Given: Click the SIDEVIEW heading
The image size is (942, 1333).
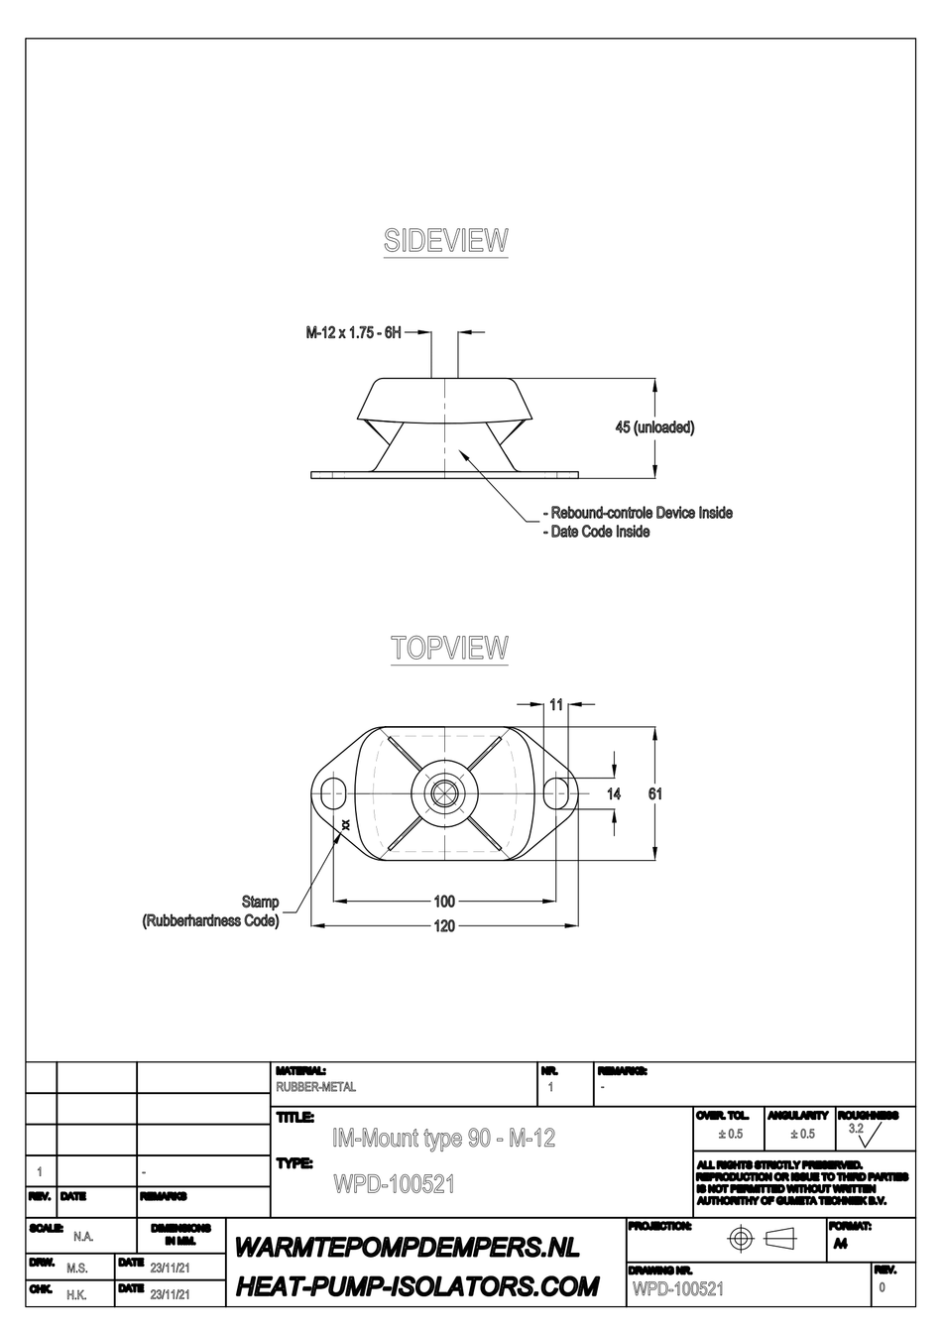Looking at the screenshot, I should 445,241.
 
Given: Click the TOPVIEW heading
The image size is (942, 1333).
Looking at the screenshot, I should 449,648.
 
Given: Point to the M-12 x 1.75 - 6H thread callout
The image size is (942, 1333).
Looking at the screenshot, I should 353,334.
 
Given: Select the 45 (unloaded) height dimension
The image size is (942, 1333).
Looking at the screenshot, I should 654,427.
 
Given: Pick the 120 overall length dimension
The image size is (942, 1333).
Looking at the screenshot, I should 444,925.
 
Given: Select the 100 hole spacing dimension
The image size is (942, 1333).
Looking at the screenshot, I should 444,902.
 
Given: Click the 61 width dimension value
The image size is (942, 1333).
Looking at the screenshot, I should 654,793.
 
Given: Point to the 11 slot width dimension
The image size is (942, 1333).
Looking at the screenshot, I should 556,704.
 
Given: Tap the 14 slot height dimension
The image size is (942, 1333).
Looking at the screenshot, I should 614,793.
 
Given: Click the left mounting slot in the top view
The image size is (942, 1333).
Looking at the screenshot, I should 332,792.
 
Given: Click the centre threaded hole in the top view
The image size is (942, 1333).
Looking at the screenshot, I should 444,792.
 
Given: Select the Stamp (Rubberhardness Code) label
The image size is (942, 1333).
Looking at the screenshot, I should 211,911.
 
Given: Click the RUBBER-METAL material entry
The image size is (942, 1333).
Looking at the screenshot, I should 315,1087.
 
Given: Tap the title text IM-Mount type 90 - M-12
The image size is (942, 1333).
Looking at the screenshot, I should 443,1139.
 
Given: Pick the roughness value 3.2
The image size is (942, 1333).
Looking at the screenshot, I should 856,1129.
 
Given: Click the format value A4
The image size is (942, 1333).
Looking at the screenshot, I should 840,1244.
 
